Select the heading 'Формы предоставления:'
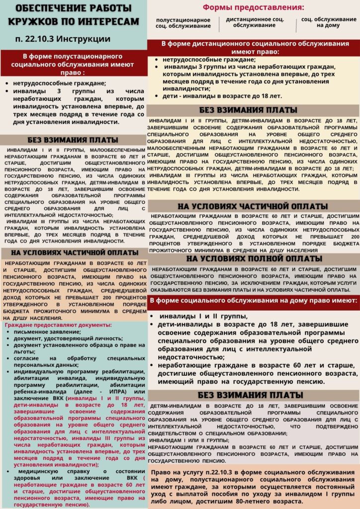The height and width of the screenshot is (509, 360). coord(253,8)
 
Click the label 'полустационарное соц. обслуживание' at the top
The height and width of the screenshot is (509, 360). coord(182,22)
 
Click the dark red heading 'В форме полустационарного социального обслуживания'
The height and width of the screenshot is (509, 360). coord(74,63)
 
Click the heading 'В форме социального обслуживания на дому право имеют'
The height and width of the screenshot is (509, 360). coord(253,300)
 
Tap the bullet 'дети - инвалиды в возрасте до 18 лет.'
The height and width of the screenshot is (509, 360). coord(222,96)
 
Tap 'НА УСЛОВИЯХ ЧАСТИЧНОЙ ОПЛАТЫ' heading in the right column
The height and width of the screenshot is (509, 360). coord(253,206)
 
